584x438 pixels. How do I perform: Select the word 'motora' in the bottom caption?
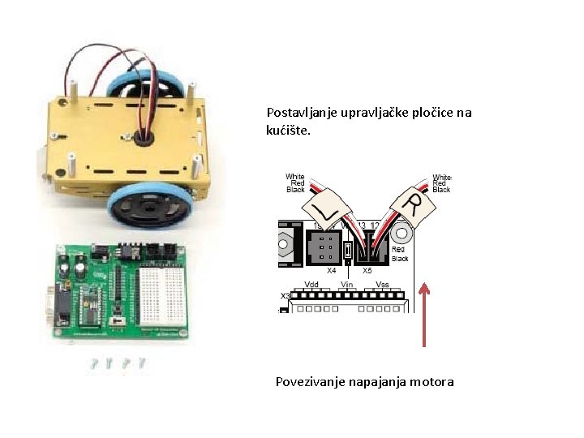pyautogui.click(x=432, y=381)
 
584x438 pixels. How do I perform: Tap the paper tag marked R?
pyautogui.click(x=414, y=204)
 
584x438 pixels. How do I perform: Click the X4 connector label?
pyautogui.click(x=331, y=271)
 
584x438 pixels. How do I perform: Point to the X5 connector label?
pyautogui.click(x=367, y=271)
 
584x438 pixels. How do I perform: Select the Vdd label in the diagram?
pyautogui.click(x=311, y=285)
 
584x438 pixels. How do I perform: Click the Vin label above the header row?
pyautogui.click(x=346, y=285)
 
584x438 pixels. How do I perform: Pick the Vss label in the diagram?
pyautogui.click(x=382, y=285)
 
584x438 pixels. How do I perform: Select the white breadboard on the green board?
pyautogui.click(x=165, y=287)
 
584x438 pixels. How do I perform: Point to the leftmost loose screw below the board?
pyautogui.click(x=94, y=363)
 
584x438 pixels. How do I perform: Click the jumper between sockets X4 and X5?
pyautogui.click(x=347, y=251)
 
